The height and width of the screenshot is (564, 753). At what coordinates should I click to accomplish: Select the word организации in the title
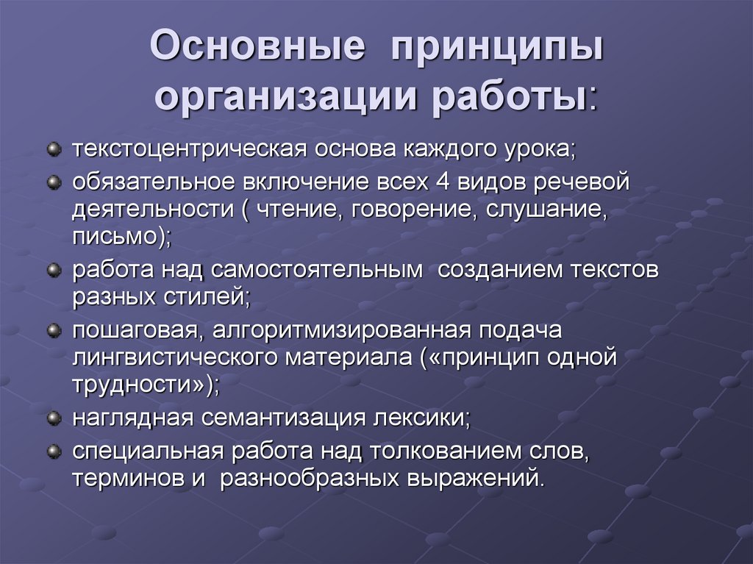point(281,99)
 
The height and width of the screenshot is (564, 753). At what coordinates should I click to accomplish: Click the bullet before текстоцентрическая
point(54,150)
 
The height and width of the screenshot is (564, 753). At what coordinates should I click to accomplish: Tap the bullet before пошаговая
point(54,332)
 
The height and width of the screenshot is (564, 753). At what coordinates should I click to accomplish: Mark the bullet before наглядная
point(54,418)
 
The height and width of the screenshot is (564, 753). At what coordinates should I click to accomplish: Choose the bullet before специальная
point(54,449)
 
